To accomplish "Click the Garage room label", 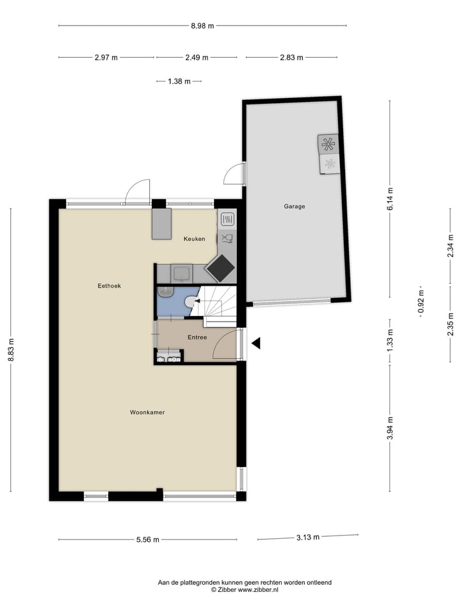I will click(x=295, y=206).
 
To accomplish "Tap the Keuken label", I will click(x=194, y=239).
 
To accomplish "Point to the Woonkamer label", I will click(x=147, y=413).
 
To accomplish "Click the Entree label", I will click(x=197, y=337).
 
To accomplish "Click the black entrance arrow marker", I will click(x=256, y=344).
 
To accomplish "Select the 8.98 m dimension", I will click(x=202, y=26).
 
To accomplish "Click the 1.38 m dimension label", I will click(x=179, y=81).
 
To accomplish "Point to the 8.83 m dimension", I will click(x=11, y=349).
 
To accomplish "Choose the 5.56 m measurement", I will click(x=147, y=539).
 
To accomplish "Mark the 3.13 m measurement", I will click(x=307, y=537).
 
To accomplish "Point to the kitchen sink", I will click(x=182, y=273).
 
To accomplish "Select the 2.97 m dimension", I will click(x=106, y=58).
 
